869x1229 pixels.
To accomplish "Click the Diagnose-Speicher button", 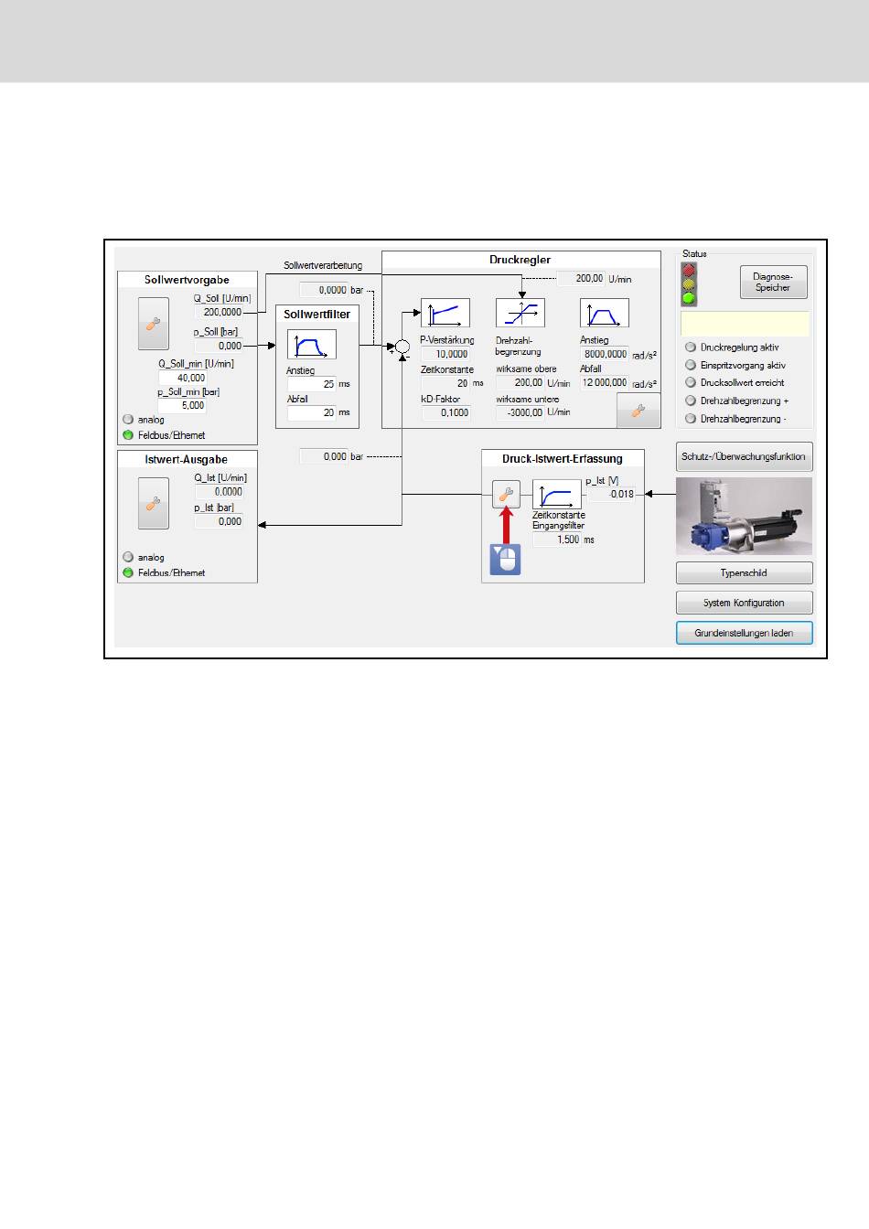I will [773, 283].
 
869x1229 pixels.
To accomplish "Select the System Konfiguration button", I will [744, 603].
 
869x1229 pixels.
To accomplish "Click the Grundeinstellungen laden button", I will [744, 633].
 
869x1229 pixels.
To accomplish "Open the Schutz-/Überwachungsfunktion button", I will [744, 456].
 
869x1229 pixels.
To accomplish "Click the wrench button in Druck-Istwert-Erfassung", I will [506, 495].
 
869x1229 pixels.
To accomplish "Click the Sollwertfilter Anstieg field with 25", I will [313, 384].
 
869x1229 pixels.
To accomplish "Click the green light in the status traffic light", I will [689, 298].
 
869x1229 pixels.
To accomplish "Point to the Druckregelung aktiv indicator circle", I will [691, 347].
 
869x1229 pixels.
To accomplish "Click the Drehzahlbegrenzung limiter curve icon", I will [520, 313].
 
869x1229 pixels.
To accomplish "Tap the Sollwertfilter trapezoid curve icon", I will [312, 344].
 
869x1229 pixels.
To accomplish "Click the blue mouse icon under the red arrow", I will [505, 559].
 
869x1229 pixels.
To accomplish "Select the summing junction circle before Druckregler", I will [402, 346].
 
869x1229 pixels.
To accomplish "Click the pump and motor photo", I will [744, 516].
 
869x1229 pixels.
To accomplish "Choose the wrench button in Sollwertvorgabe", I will [154, 324].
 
